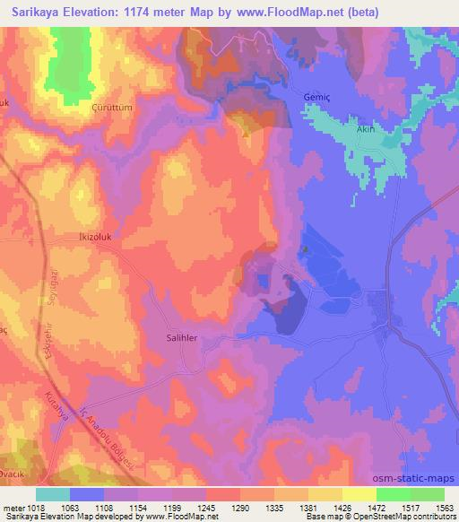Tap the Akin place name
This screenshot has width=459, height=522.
[364, 129]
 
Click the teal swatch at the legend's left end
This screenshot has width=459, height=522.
[53, 494]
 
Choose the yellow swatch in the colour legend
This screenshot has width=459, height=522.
[359, 494]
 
